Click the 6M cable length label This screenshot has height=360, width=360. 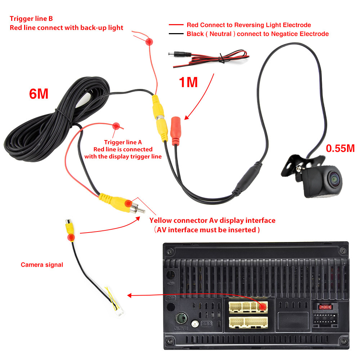(x=39, y=94)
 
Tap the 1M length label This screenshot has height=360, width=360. (x=188, y=82)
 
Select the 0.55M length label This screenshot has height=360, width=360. (x=340, y=148)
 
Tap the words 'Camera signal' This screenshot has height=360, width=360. (x=42, y=265)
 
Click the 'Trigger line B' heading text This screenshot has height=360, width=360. (x=31, y=19)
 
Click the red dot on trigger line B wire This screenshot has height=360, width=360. (x=148, y=42)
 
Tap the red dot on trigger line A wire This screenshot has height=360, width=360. (x=116, y=126)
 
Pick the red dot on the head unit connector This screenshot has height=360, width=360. (x=263, y=307)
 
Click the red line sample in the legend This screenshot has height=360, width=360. (x=176, y=25)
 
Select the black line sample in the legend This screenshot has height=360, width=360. (x=176, y=34)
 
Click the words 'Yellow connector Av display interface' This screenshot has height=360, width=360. (x=212, y=221)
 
